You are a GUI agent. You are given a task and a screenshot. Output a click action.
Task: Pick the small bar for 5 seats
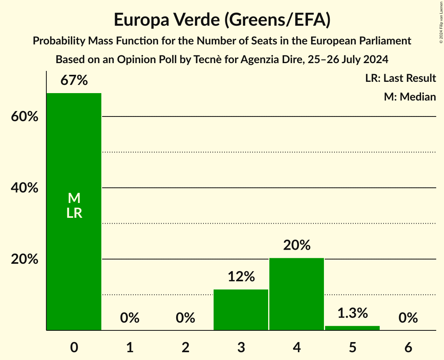pyautogui.click(x=352, y=328)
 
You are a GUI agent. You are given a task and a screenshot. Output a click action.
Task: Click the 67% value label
pyautogui.click(x=74, y=81)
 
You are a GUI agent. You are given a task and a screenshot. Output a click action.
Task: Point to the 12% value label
pyautogui.click(x=241, y=277)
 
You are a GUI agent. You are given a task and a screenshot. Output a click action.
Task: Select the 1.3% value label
pyautogui.click(x=352, y=313)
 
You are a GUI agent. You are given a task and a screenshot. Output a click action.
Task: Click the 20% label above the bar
pyautogui.click(x=297, y=245)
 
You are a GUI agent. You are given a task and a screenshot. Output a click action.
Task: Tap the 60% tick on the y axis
pyautogui.click(x=25, y=116)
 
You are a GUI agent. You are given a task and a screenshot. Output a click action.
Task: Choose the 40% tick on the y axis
pyautogui.click(x=25, y=188)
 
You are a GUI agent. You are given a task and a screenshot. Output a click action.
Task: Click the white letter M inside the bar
pyautogui.click(x=74, y=198)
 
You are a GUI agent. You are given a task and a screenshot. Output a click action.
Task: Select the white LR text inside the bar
pyautogui.click(x=74, y=213)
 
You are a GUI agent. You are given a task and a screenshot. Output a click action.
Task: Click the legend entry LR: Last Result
pyautogui.click(x=400, y=78)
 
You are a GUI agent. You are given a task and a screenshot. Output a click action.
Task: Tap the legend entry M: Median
pyautogui.click(x=410, y=97)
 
